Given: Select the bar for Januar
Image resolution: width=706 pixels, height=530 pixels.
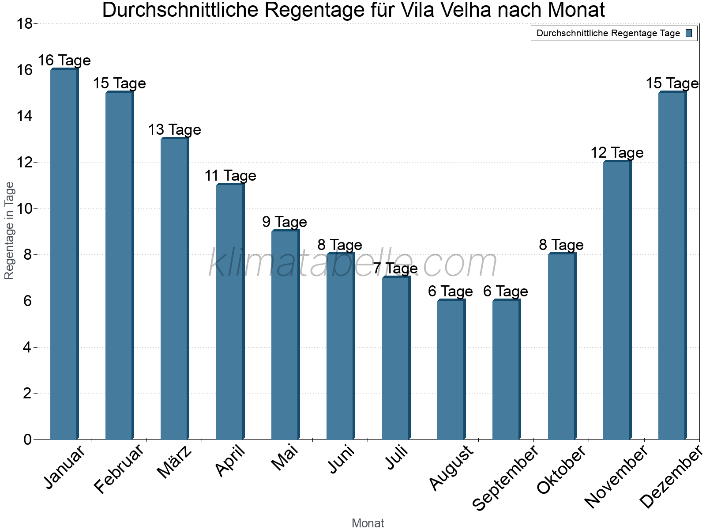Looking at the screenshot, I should tap(64, 254).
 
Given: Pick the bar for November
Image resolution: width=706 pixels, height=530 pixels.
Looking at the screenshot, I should tap(617, 300).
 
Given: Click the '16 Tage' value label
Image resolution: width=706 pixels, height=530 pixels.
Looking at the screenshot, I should tap(64, 60).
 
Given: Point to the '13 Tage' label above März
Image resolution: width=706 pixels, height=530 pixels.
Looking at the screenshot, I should tap(174, 129).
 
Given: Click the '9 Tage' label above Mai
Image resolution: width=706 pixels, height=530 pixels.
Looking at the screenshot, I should tap(285, 222).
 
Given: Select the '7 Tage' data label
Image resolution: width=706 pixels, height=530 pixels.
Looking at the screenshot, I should tap(395, 268).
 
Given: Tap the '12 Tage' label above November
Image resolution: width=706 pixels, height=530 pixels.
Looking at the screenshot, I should tap(617, 153).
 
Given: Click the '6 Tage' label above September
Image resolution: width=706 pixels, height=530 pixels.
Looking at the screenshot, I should tap(506, 291).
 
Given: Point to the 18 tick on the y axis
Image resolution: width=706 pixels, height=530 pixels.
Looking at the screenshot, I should tap(25, 24).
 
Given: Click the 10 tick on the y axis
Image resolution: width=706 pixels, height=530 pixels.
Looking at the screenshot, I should tap(25, 208).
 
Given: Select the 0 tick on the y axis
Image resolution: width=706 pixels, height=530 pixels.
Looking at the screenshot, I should tap(27, 439).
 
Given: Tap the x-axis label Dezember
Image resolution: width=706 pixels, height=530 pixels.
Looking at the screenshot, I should tap(671, 477).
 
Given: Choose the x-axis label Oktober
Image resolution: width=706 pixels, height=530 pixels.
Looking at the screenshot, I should tap(561, 470).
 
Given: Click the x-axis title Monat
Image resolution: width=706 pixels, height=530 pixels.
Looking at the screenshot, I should tap(368, 523).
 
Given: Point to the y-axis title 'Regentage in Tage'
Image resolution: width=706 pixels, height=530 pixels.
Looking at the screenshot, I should tap(10, 231).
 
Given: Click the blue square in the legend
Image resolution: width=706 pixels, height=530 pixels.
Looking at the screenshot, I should tap(689, 33).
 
